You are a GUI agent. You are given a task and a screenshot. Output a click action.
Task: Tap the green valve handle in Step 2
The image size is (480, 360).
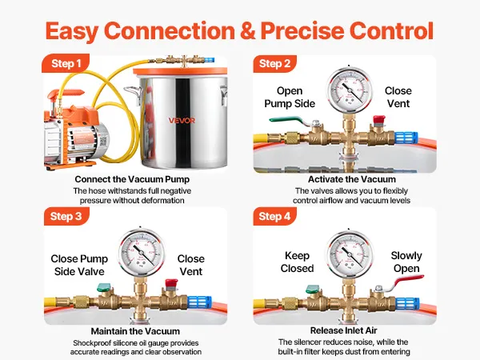click(281, 121)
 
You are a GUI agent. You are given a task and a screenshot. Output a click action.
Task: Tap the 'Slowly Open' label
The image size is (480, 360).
click(406, 262)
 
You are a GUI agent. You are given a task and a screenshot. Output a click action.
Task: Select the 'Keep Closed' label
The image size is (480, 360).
click(298, 262)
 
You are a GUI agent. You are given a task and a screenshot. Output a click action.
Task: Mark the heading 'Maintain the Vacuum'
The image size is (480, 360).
click(134, 330)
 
